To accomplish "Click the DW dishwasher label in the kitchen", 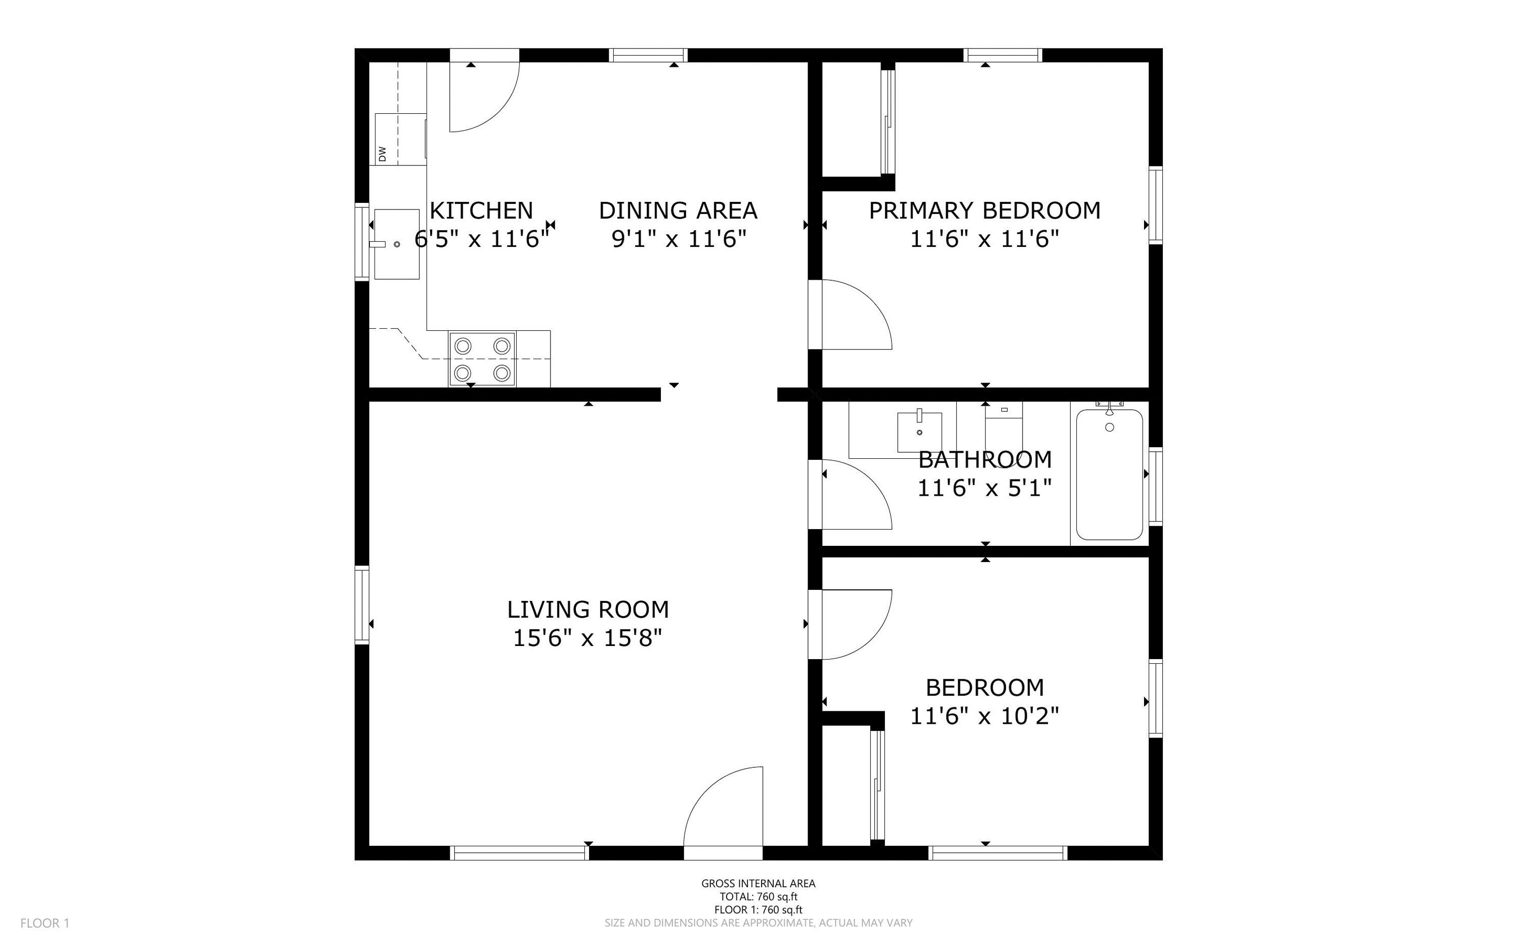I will (382, 153).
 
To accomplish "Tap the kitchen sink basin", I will (396, 244).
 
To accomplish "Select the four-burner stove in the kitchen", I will (482, 359).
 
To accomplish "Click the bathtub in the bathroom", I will (1109, 474).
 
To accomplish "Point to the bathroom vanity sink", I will (919, 432).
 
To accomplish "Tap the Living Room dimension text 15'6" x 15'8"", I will (587, 638).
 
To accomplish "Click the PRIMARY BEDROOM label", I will (984, 210).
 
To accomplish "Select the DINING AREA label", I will (678, 210).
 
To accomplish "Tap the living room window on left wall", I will (362, 605).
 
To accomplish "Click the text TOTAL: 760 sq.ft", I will (758, 896).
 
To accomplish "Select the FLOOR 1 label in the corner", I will (45, 923).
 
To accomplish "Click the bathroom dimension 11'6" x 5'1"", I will (984, 488).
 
